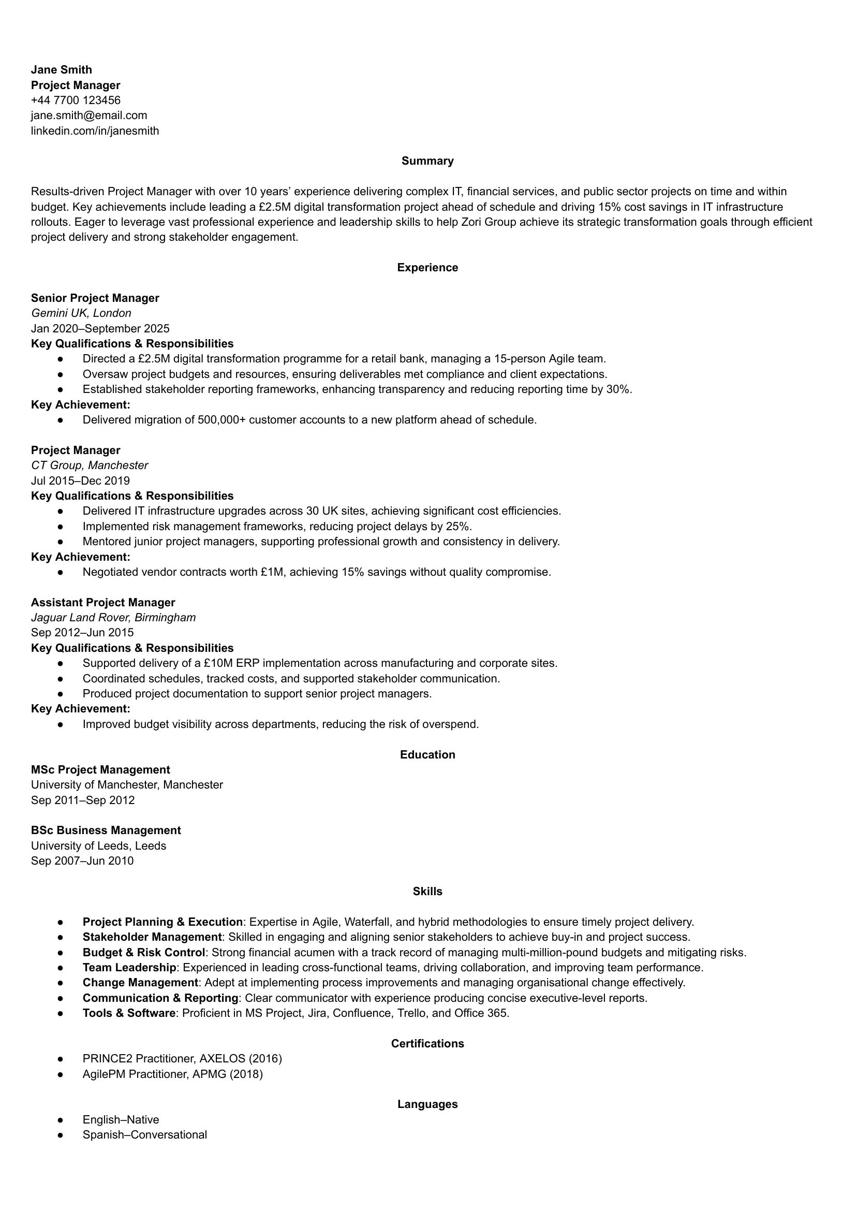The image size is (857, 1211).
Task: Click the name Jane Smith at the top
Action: coord(61,70)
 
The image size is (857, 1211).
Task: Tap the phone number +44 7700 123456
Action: coord(76,100)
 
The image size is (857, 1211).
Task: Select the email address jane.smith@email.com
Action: coord(88,115)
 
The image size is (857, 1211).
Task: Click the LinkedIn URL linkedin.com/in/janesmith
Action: coord(95,130)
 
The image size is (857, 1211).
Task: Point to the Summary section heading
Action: coord(427,161)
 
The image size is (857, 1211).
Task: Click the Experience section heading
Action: coord(427,268)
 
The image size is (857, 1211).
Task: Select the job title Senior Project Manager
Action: coord(95,298)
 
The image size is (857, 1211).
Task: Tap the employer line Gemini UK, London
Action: coord(81,313)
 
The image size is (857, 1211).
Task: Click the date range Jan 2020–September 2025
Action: coord(100,328)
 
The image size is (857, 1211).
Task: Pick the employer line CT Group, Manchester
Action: coord(89,465)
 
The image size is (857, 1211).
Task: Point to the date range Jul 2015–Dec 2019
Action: coord(80,480)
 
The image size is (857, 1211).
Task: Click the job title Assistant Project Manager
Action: coord(103,602)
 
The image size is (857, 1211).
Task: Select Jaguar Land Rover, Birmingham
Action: coord(113,617)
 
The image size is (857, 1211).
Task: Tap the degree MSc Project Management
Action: coord(100,770)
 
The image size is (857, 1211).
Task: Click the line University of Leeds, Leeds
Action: coord(98,845)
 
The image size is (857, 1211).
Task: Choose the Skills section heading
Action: coord(427,892)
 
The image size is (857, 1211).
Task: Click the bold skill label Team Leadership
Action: coord(129,968)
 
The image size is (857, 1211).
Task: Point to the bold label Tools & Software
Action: coord(129,1013)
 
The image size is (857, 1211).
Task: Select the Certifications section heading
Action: coord(427,1044)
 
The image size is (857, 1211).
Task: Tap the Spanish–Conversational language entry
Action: coord(144,1135)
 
